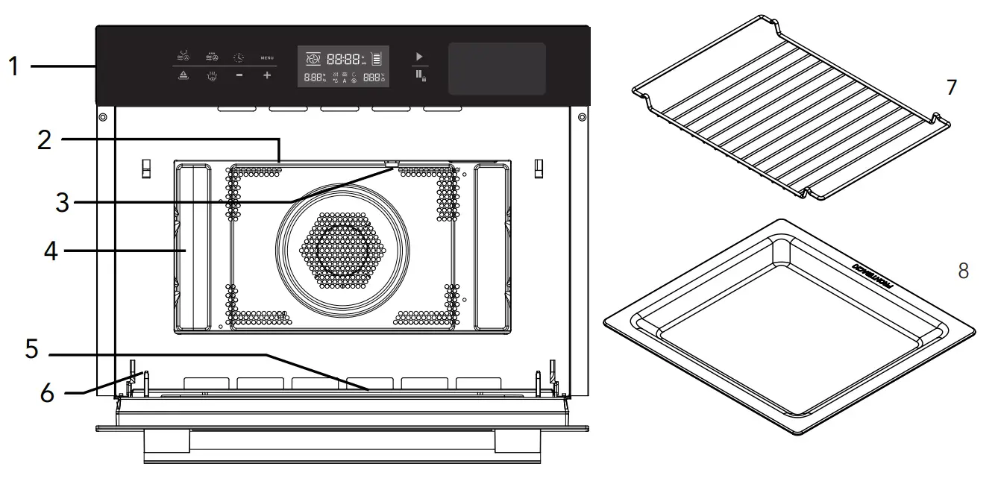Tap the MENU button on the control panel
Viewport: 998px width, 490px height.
point(267,57)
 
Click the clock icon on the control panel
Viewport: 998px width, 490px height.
point(238,57)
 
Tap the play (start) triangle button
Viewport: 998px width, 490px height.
point(419,56)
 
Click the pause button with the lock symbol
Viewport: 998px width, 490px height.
point(421,75)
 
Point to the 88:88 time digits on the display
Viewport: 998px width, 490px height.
point(343,57)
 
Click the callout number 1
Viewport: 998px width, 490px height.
point(14,66)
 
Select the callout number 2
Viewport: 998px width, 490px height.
point(45,140)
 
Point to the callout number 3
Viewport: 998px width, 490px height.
point(62,201)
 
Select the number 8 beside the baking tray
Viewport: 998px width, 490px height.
point(963,271)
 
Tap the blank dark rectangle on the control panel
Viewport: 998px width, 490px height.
point(496,69)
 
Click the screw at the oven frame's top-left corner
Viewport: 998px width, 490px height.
point(102,117)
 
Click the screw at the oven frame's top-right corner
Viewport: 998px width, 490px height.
point(581,117)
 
